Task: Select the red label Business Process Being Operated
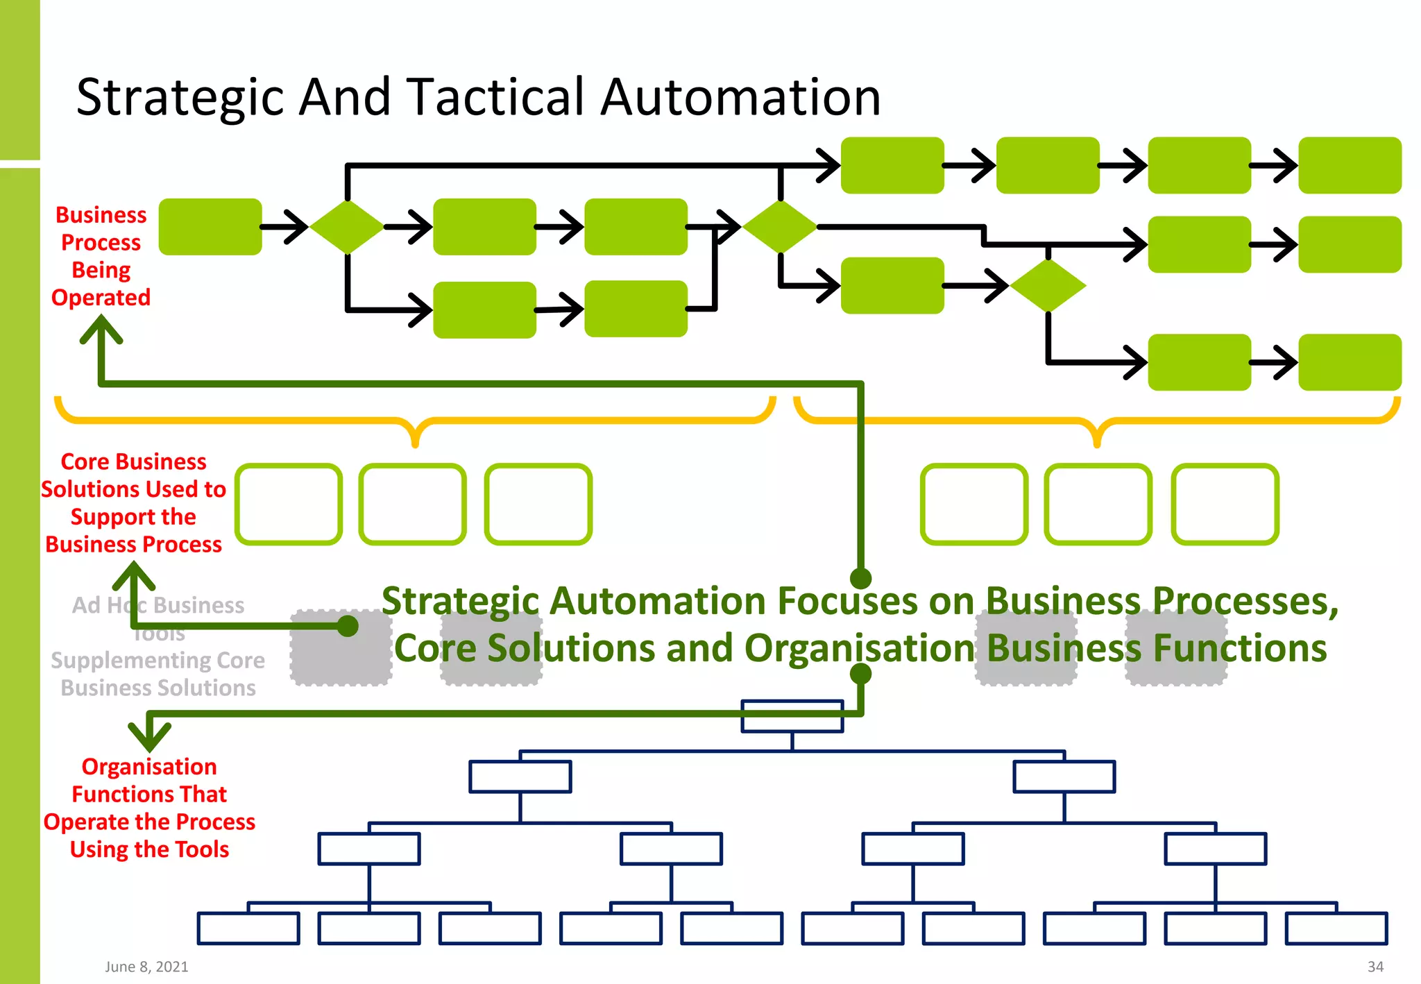coord(101,256)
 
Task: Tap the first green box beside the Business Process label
coord(210,227)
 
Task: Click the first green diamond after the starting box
coord(346,227)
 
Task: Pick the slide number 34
coord(1375,967)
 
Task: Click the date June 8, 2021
coord(146,967)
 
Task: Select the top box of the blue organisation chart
coord(792,716)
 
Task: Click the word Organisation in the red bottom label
coord(149,766)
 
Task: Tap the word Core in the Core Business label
coord(85,461)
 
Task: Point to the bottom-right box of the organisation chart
coord(1336,928)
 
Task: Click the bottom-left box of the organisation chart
coord(248,928)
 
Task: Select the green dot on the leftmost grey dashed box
coord(348,626)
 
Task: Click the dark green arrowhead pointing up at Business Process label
coord(101,326)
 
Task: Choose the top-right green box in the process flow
coord(1350,165)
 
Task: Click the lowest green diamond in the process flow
coord(1048,285)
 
